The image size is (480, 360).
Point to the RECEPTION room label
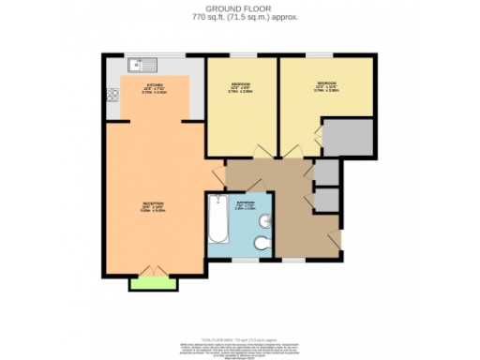point(152,206)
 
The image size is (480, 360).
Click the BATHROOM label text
point(245,205)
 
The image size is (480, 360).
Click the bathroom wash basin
point(268,222)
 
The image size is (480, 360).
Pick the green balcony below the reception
point(152,282)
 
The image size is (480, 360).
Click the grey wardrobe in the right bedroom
point(347,137)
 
